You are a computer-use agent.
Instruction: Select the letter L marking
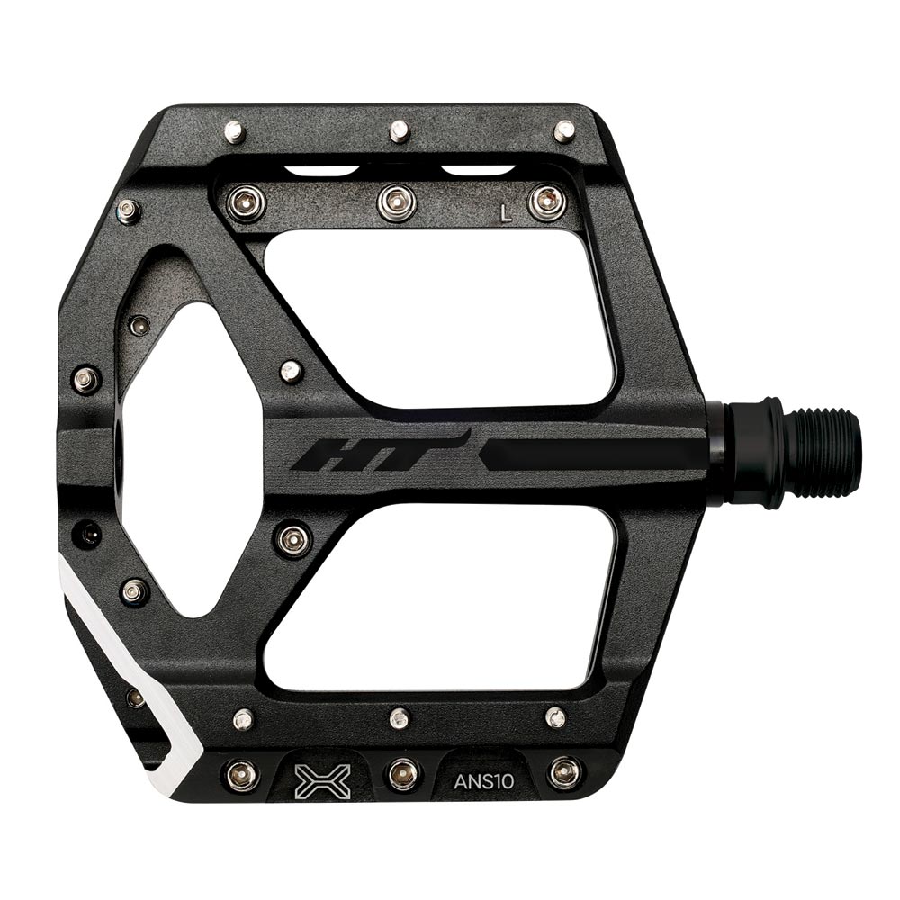coord(506,213)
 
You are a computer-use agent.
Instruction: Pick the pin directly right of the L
coord(547,202)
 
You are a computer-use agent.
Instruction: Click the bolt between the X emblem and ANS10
coord(402,772)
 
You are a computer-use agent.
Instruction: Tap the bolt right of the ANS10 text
coord(564,771)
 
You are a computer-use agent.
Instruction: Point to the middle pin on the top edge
coord(399,131)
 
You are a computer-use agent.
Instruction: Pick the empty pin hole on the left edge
coord(89,534)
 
